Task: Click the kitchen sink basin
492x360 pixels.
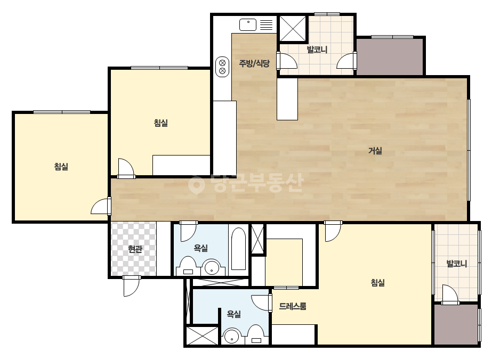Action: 248,24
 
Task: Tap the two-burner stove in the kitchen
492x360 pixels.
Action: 222,67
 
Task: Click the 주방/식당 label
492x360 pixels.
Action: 254,64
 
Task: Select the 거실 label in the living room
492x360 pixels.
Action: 375,151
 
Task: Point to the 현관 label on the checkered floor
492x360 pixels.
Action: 135,249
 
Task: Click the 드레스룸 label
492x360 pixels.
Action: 293,306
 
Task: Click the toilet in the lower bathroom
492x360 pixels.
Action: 256,334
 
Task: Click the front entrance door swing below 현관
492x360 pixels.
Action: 131,286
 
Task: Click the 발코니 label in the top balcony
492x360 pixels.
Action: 317,50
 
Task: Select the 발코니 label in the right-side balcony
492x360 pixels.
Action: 456,264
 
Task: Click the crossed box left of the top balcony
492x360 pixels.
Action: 293,29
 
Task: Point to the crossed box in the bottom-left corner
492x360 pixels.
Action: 203,336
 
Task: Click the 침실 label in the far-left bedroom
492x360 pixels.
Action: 61,167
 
